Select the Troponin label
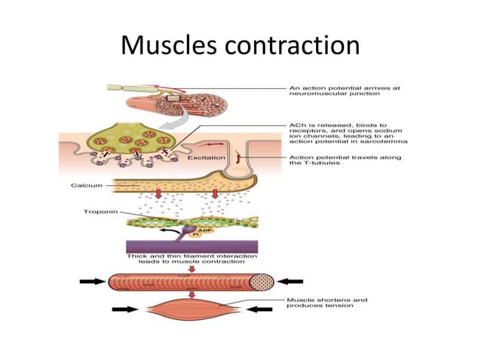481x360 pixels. click(98, 213)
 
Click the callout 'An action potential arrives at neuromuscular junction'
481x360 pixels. click(343, 92)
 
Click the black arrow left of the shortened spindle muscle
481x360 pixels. click(124, 310)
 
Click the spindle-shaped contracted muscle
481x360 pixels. click(192, 309)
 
